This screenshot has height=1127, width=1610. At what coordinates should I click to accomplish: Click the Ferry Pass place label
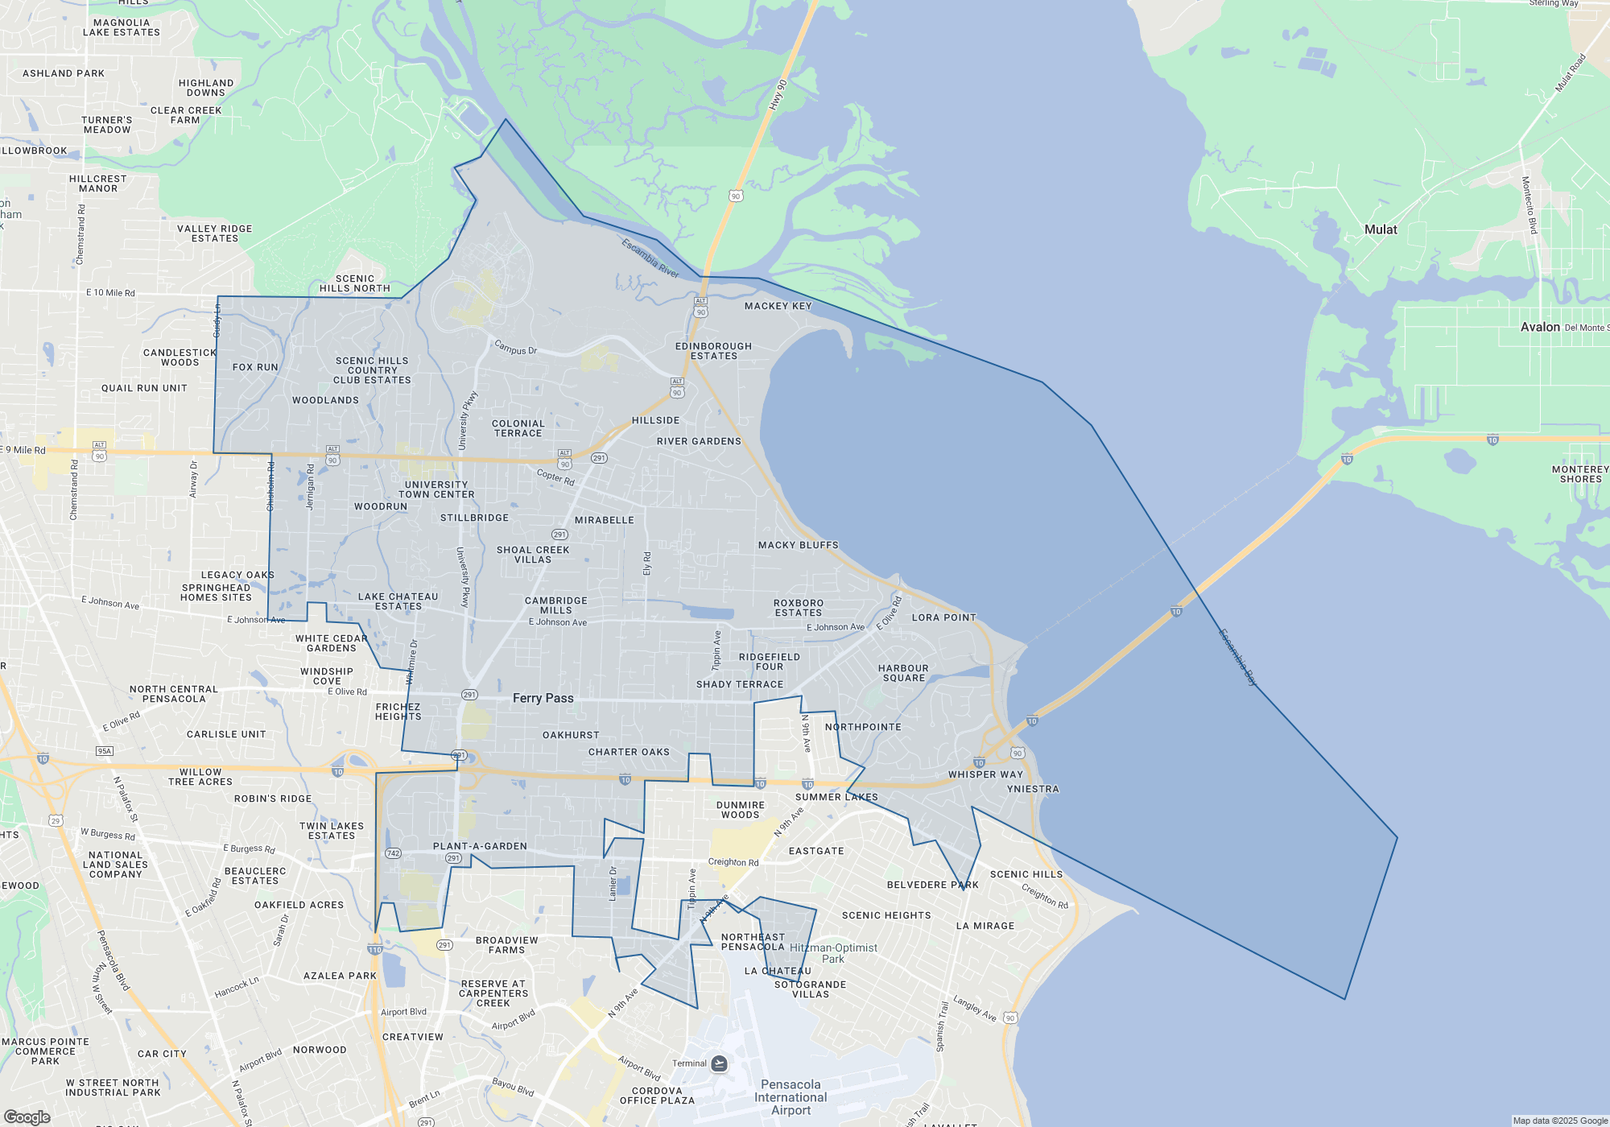(x=543, y=698)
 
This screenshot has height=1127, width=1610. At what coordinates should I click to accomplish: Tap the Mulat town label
(x=1381, y=229)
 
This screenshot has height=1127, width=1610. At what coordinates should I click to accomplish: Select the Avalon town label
(x=1540, y=327)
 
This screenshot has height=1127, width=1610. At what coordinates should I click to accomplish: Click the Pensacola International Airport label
(x=791, y=1097)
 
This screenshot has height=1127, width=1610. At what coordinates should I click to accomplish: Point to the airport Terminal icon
(x=720, y=1063)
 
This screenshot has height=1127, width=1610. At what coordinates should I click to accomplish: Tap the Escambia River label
(x=650, y=258)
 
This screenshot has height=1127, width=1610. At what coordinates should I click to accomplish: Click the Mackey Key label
(x=778, y=306)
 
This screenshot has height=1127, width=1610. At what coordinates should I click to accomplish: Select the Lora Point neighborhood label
(x=943, y=617)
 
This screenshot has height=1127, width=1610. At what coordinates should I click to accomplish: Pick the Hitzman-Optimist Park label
(x=833, y=953)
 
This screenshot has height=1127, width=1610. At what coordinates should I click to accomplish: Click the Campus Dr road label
(x=515, y=348)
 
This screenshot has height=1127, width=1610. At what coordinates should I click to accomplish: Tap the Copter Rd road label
(x=555, y=477)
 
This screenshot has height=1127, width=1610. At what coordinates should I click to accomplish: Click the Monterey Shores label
(x=1580, y=474)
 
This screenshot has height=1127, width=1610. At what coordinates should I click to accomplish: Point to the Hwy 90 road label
(x=778, y=95)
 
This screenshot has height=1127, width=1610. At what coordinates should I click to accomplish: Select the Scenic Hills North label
(x=355, y=283)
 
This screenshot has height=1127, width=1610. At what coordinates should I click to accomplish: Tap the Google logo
(x=27, y=1117)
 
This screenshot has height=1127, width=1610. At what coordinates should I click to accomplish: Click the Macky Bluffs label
(x=798, y=545)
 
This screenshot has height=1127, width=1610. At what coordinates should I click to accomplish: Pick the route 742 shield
(x=393, y=853)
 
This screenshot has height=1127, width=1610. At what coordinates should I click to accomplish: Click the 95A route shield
(x=105, y=751)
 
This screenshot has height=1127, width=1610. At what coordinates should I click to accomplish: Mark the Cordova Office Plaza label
(x=657, y=1096)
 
